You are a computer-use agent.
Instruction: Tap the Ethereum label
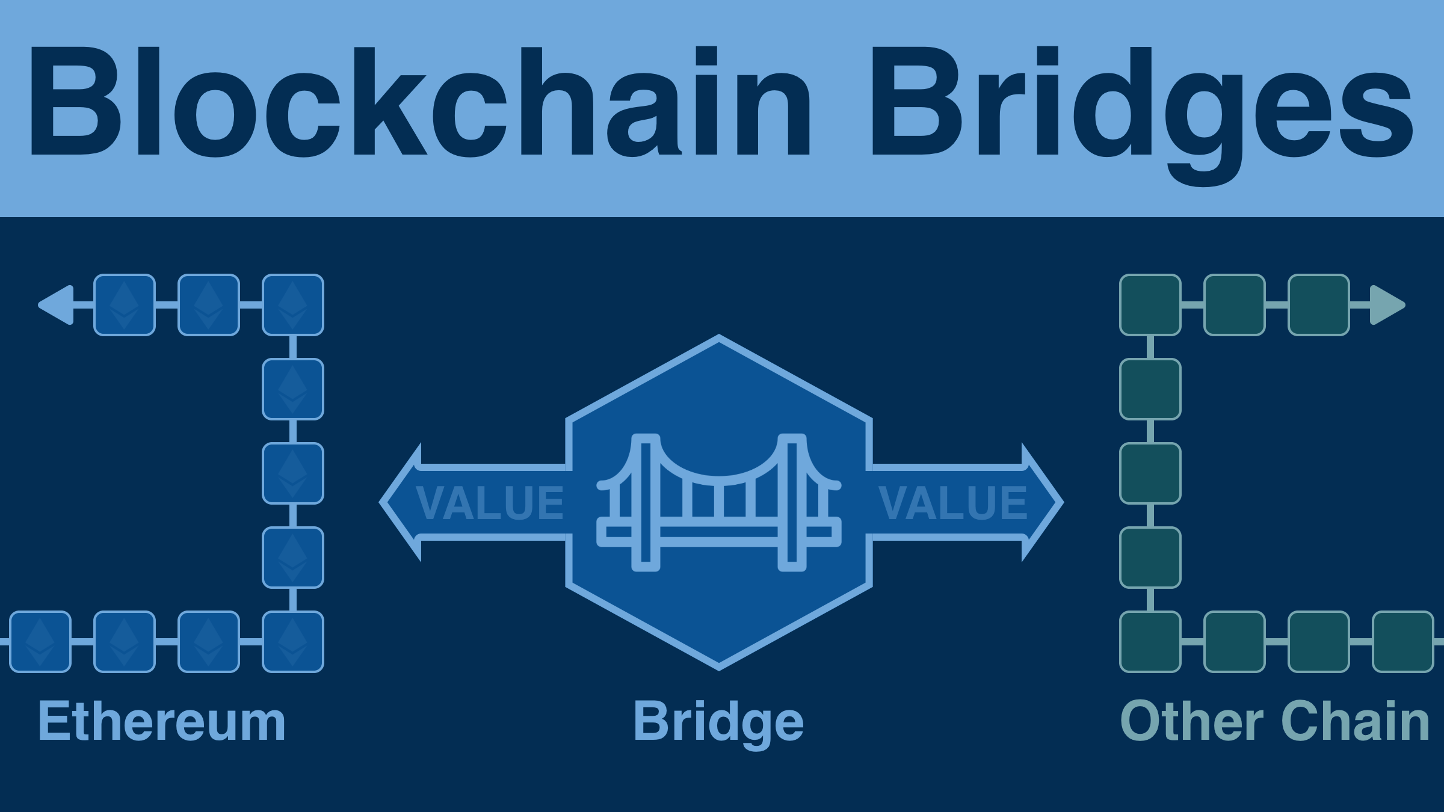pos(161,722)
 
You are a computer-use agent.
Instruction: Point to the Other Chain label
pos(1274,722)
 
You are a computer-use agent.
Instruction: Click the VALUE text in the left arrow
pos(489,503)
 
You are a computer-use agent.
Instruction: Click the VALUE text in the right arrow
pos(952,503)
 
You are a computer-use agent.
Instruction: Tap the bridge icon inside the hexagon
pos(719,502)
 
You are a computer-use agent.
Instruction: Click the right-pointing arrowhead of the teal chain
pos(1387,305)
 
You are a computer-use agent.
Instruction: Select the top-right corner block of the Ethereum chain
pos(293,305)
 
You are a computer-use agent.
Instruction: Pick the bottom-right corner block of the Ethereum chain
pos(293,642)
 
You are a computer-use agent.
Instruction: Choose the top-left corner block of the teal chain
pos(1150,305)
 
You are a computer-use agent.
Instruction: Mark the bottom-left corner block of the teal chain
pos(1150,642)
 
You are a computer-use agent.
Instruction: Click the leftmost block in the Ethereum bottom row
pos(40,642)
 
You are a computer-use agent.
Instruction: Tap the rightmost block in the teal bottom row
pos(1403,642)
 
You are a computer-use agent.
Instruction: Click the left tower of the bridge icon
pos(646,502)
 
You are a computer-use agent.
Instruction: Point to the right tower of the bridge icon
pos(792,502)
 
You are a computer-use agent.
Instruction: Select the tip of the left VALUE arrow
pos(385,502)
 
